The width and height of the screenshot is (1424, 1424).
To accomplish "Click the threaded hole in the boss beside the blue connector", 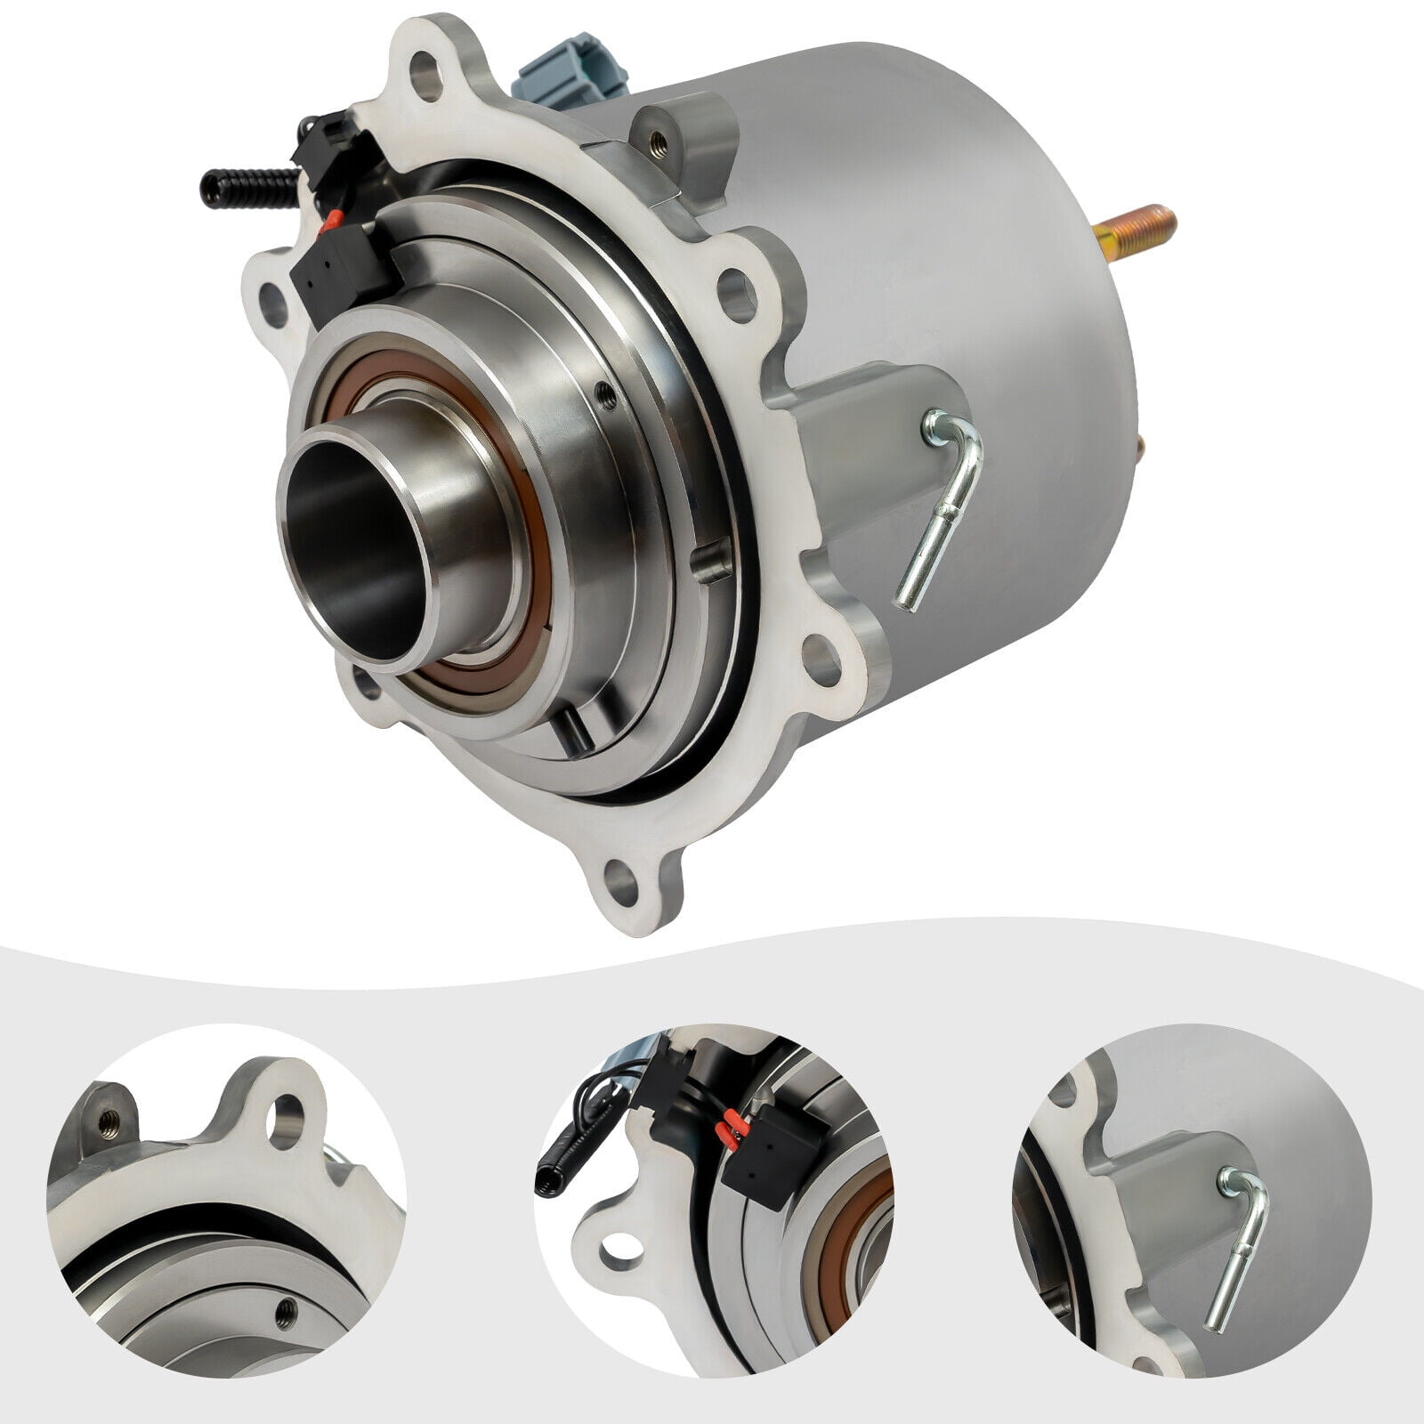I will click(x=658, y=138).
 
